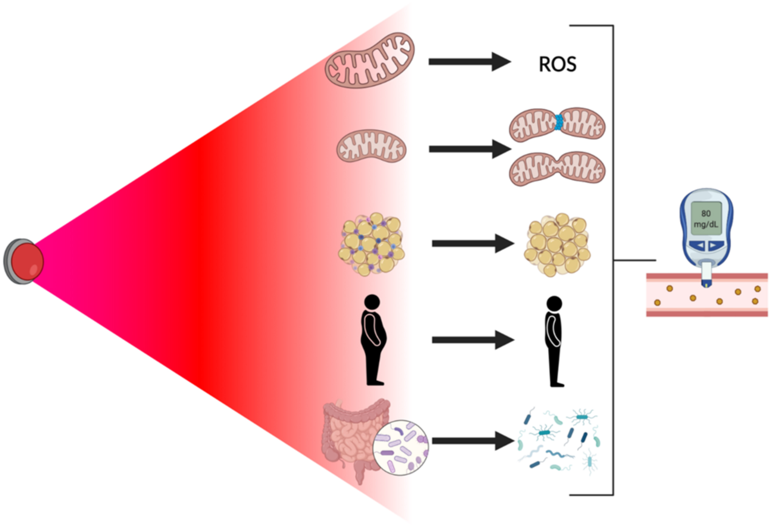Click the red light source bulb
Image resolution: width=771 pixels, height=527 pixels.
[27, 261]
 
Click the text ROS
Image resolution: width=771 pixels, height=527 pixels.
[557, 65]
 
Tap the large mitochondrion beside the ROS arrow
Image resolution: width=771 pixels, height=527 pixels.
[370, 60]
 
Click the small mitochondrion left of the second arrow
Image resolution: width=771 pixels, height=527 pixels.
[371, 146]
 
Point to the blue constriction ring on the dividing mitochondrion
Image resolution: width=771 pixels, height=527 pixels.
[558, 122]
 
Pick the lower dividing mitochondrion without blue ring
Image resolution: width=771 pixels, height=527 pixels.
[557, 168]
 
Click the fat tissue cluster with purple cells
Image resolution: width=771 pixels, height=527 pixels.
[371, 244]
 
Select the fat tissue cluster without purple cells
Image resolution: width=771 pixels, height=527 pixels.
[557, 245]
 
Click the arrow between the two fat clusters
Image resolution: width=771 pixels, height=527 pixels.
[472, 243]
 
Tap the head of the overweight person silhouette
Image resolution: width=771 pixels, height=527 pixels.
[372, 302]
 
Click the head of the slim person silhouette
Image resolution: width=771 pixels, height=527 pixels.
[554, 304]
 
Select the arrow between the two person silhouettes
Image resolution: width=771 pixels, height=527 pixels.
[472, 340]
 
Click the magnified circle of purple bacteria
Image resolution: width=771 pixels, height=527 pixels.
[400, 448]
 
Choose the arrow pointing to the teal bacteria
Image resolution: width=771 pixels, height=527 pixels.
[472, 441]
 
